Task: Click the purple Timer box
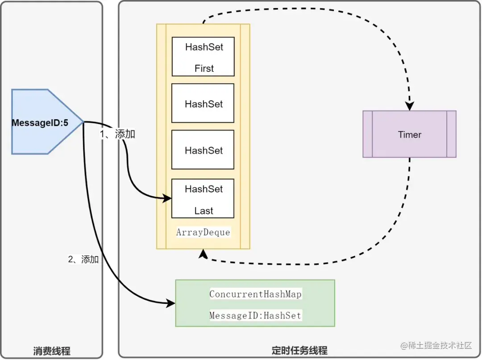409,134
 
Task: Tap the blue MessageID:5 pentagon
46,122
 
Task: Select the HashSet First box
203,57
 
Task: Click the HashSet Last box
203,199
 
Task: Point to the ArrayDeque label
203,232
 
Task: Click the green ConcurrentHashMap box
255,303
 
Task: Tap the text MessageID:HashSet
255,315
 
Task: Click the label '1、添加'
117,134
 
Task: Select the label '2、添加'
83,259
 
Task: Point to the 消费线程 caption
52,351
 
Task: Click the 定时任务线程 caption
299,351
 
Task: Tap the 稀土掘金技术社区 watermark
436,346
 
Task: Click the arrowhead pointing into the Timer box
409,106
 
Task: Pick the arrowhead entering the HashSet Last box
167,198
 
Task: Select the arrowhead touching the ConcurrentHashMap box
170,303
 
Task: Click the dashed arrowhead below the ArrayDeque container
203,253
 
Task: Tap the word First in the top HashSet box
204,68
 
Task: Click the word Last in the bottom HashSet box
204,211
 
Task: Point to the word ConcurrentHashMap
255,294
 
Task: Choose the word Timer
410,135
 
